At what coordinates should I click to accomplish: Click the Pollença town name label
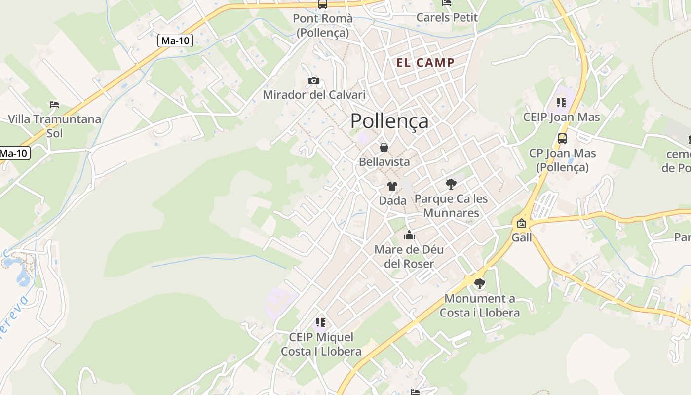point(389,121)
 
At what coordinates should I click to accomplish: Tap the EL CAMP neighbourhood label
point(425,63)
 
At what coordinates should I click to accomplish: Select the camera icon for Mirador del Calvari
point(313,80)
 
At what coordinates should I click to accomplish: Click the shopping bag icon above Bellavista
point(384,147)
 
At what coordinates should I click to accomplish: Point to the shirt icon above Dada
point(392,186)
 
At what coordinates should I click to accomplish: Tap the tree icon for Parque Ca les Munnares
point(451,184)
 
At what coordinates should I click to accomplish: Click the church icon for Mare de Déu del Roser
point(409,235)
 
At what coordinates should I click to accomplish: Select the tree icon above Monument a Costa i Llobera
point(479,284)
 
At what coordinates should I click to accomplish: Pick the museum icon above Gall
point(521,223)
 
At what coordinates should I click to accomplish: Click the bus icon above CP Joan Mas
point(562,139)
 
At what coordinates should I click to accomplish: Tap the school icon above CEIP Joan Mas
point(561,103)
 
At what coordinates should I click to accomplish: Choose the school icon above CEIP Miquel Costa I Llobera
point(321,323)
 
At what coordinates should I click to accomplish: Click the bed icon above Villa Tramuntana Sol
point(54,105)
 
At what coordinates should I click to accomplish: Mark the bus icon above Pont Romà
point(322,4)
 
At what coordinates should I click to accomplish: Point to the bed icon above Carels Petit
point(447,3)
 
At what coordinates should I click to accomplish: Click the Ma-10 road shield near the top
point(175,40)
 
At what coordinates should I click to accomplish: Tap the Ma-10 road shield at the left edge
point(13,153)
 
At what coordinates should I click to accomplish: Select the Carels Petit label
point(447,18)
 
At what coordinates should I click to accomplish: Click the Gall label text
point(522,237)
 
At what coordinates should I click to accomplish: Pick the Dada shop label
point(392,200)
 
